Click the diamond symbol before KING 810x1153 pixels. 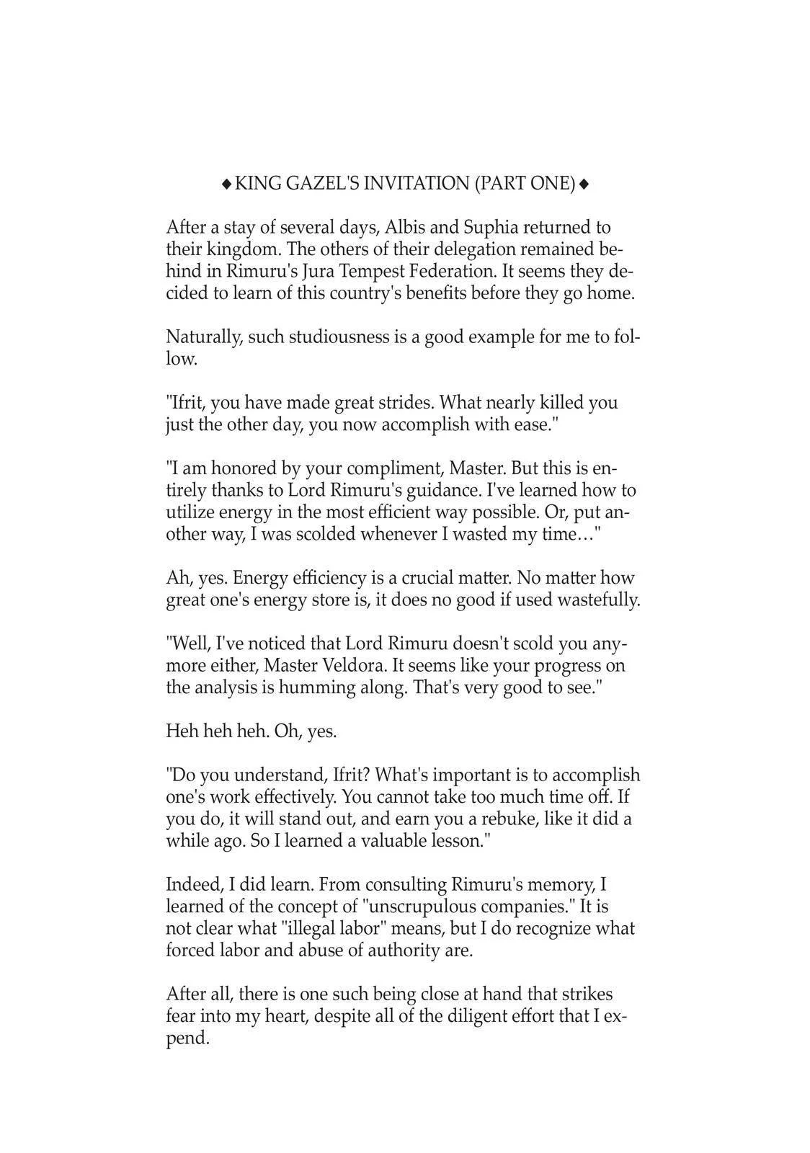(x=226, y=184)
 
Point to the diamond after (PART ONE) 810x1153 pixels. (x=584, y=184)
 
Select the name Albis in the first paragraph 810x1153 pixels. (x=405, y=228)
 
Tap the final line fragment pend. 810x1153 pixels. (x=187, y=1039)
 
